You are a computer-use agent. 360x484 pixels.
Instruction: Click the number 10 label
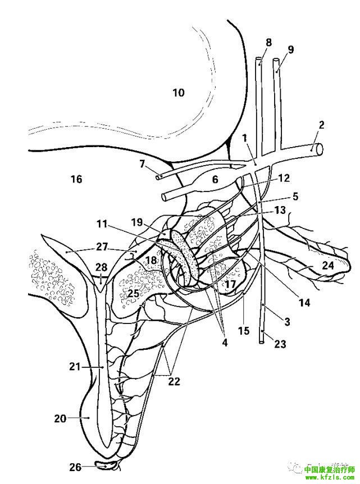point(178,93)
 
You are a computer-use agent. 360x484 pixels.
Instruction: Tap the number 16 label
point(76,179)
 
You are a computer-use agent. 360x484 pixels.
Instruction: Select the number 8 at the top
point(268,43)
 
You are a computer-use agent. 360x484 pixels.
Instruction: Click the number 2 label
point(322,125)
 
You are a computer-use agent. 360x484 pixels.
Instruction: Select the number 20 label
point(60,418)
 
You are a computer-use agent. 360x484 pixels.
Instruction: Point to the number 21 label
point(75,367)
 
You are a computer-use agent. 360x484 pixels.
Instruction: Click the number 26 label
point(75,467)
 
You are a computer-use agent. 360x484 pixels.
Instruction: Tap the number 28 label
point(101,266)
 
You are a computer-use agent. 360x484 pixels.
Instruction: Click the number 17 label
point(230,284)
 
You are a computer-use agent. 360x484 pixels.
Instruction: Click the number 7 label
point(142,164)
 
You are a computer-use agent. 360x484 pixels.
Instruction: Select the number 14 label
point(304,303)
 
